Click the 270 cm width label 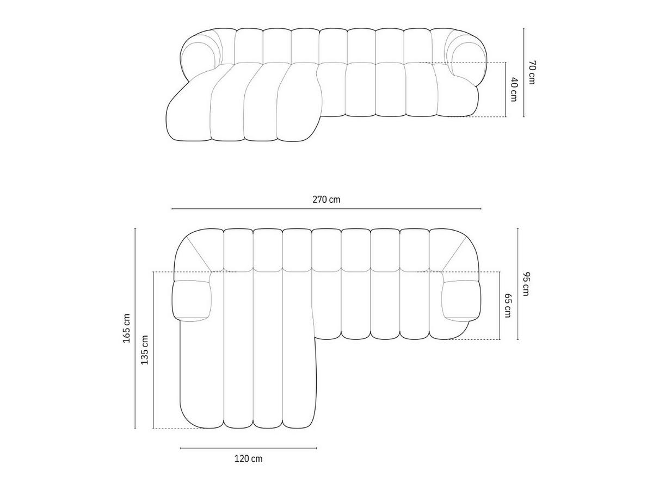(326, 200)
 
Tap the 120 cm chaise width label (248, 458)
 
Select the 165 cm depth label (127, 328)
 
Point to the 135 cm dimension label (145, 350)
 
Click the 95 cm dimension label (526, 284)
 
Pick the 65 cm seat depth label (508, 306)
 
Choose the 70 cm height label (532, 72)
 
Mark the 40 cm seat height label (514, 90)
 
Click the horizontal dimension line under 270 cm (326, 209)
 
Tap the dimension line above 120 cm (248, 448)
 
